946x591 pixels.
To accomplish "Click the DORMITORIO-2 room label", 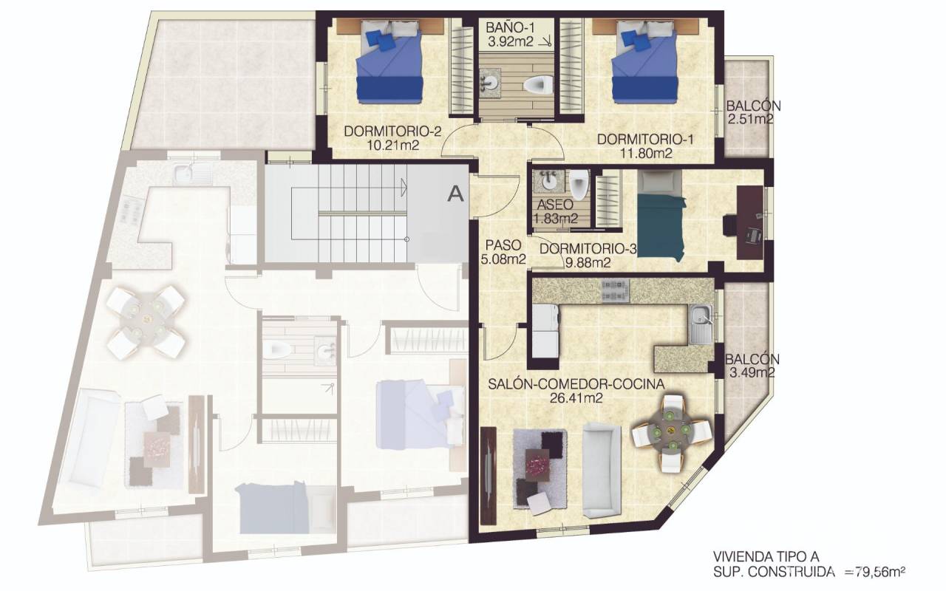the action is click(x=392, y=131).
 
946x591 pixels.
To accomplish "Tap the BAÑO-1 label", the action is click(x=510, y=28).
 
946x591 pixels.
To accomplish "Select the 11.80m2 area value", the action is click(x=646, y=154).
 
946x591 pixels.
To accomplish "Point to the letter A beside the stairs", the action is click(x=456, y=194).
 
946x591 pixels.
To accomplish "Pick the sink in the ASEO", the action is click(x=548, y=181).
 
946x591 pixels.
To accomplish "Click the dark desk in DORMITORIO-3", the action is click(x=750, y=223).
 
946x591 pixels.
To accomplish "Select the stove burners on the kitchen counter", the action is click(x=615, y=290).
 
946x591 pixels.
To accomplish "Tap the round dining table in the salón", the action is click(x=670, y=431).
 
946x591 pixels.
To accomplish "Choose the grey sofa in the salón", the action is click(x=602, y=471).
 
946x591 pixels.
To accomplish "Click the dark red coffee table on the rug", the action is click(x=537, y=465).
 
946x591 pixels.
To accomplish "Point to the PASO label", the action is click(x=503, y=245).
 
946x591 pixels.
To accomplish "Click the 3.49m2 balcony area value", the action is click(x=752, y=373).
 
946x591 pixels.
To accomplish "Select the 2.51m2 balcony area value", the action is click(x=751, y=119).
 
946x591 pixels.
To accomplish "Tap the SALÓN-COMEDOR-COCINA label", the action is click(x=576, y=384).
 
